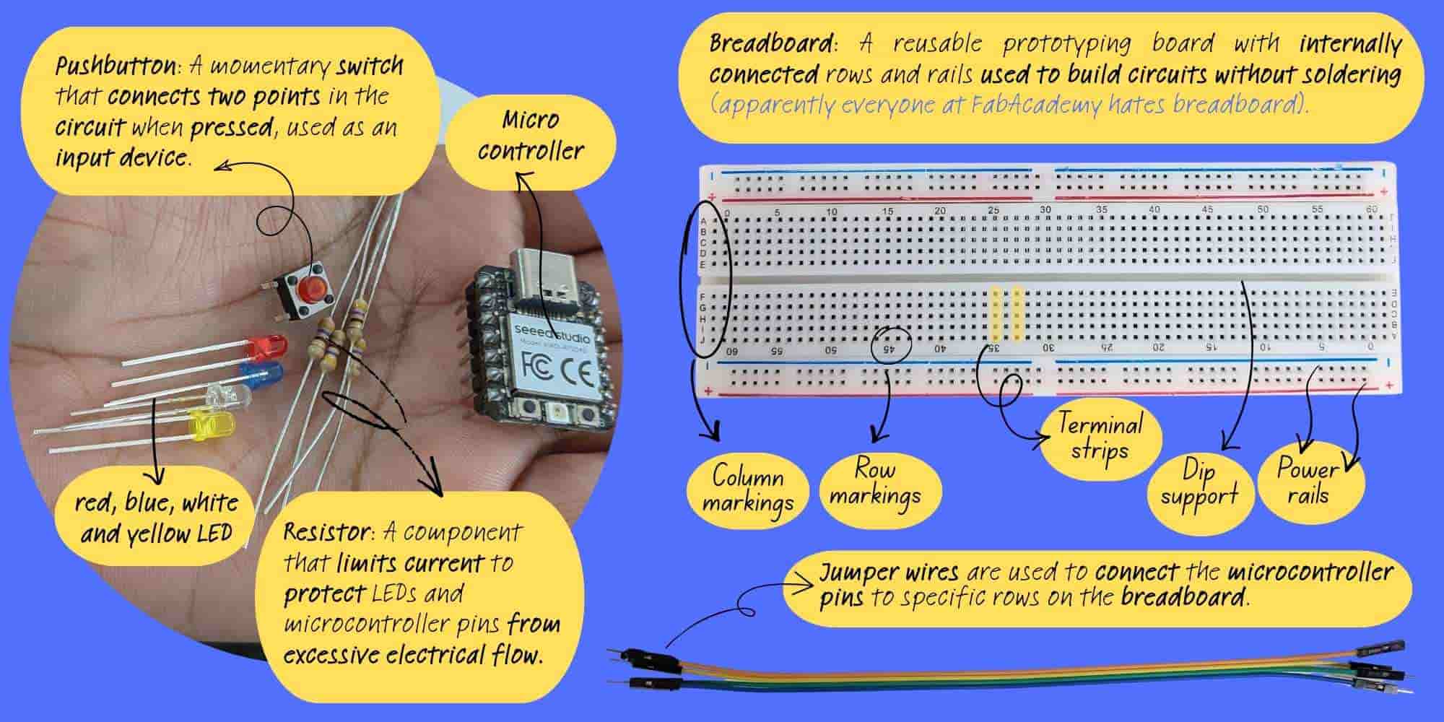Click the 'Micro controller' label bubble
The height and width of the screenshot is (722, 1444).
531,136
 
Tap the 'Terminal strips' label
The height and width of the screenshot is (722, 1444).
1100,436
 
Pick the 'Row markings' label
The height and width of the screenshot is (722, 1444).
876,482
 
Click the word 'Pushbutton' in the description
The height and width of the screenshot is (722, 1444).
116,68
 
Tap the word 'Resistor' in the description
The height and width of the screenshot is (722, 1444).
326,533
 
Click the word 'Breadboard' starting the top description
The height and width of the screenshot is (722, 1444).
770,44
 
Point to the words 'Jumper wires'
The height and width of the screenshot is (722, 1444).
889,573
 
